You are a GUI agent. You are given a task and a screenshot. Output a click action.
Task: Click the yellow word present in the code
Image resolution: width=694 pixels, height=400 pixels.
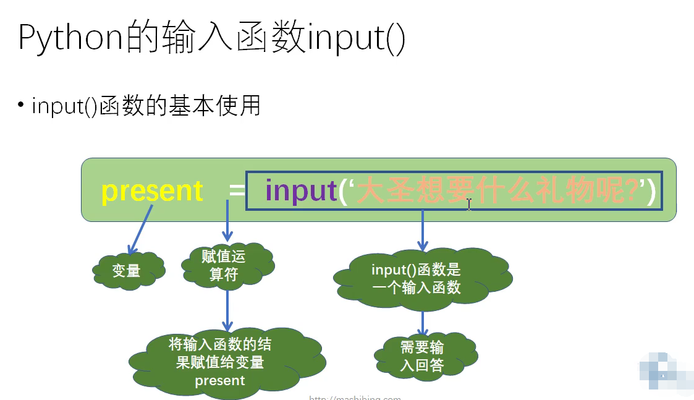coord(152,191)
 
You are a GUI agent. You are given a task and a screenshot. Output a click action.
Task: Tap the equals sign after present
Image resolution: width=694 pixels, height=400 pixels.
coord(237,190)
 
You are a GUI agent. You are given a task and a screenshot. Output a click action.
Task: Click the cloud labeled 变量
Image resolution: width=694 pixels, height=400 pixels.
coord(127,270)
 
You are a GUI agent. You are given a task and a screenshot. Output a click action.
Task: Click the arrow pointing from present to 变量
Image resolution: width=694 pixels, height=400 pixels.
coord(140,229)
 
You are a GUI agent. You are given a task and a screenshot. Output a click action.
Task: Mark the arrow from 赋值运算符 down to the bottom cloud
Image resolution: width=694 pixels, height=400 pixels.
coord(227,309)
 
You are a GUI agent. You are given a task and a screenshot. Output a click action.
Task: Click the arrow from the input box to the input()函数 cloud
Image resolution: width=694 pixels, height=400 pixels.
coord(423,229)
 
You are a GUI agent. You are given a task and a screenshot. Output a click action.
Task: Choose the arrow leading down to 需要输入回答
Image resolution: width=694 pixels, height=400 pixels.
coord(423,323)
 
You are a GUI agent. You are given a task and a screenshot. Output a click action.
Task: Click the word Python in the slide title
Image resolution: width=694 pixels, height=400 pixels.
coord(72,38)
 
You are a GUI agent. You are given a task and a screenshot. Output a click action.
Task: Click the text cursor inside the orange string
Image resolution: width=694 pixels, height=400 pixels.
coord(469,204)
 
